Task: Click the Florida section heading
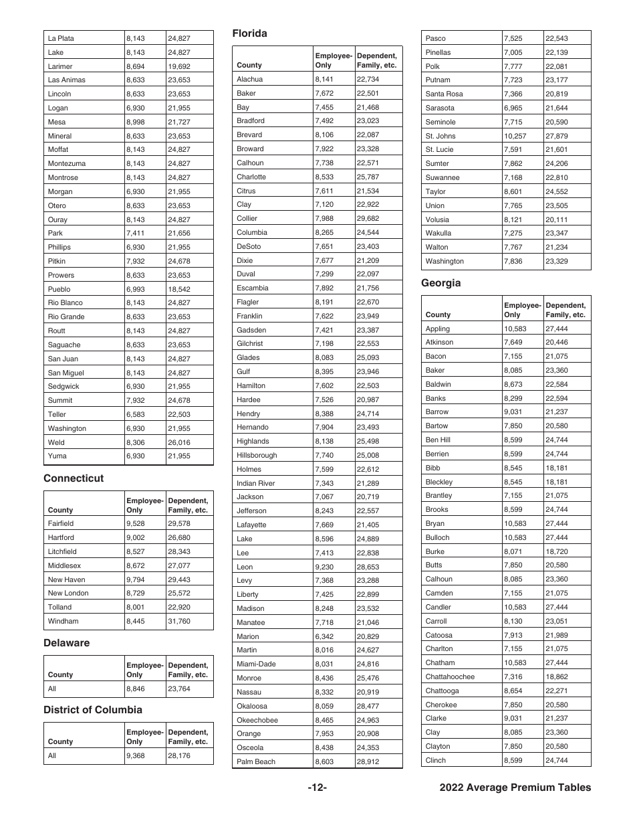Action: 249,33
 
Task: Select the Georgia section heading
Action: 440,283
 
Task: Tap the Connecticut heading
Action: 74,478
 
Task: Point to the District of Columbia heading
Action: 93,710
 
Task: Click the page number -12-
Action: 317,788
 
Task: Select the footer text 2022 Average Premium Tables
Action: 515,788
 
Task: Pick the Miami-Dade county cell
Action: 256,664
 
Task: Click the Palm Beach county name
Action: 255,762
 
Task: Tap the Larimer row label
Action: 60,66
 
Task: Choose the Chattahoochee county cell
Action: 450,676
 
